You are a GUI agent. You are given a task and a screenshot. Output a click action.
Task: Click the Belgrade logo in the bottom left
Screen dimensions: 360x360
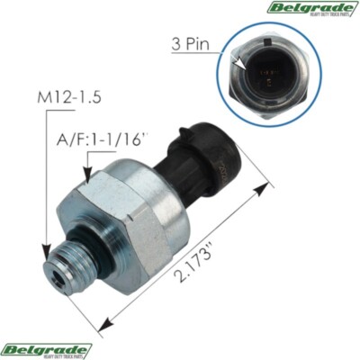pyautogui.click(x=46, y=349)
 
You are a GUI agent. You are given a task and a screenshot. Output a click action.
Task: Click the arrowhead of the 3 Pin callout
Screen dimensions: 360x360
pyautogui.click(x=242, y=64)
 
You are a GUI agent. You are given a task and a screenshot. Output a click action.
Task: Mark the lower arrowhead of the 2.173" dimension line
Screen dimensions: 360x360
pyautogui.click(x=104, y=323)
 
